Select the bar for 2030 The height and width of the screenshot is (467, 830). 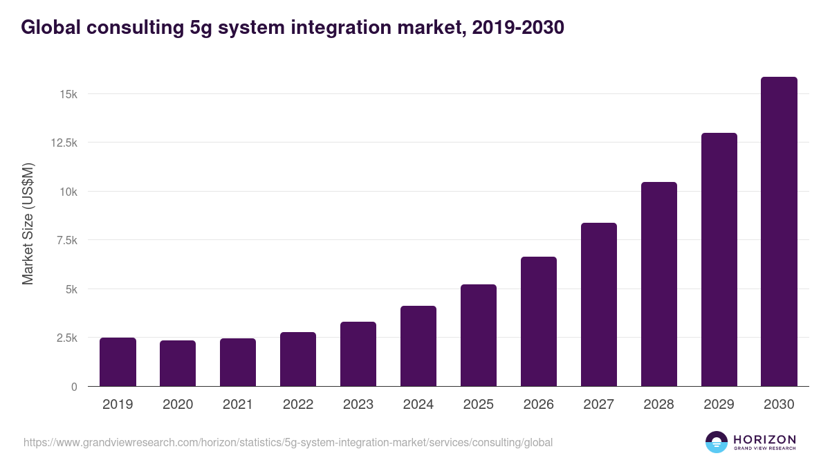tap(779, 232)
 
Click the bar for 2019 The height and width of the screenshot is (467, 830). tap(118, 362)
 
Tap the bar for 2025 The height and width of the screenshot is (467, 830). tap(479, 336)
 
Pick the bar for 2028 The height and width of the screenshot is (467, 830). tap(658, 284)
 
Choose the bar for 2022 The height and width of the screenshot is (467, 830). tap(298, 359)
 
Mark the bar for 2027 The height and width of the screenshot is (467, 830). tap(598, 304)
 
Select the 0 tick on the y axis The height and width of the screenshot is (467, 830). tap(73, 387)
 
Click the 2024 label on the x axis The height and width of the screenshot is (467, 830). tap(418, 405)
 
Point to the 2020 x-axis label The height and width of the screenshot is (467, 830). tap(178, 405)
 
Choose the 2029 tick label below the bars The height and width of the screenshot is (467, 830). tap(719, 405)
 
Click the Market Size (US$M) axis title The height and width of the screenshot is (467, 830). tap(28, 223)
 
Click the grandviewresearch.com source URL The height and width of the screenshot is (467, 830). tap(288, 442)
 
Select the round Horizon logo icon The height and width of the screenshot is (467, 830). tap(717, 442)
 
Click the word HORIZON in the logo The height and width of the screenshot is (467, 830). tap(765, 439)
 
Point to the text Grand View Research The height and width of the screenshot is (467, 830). tap(765, 449)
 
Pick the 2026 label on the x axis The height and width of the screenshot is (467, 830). tap(538, 405)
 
